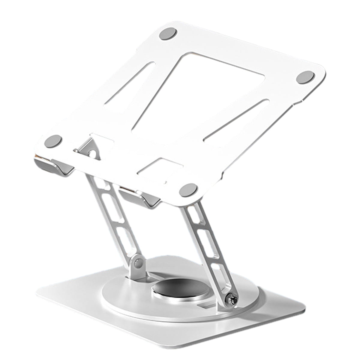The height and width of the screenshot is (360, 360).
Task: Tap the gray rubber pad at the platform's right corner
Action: pos(305,78)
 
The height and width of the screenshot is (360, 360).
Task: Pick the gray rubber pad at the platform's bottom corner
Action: pos(188,190)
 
